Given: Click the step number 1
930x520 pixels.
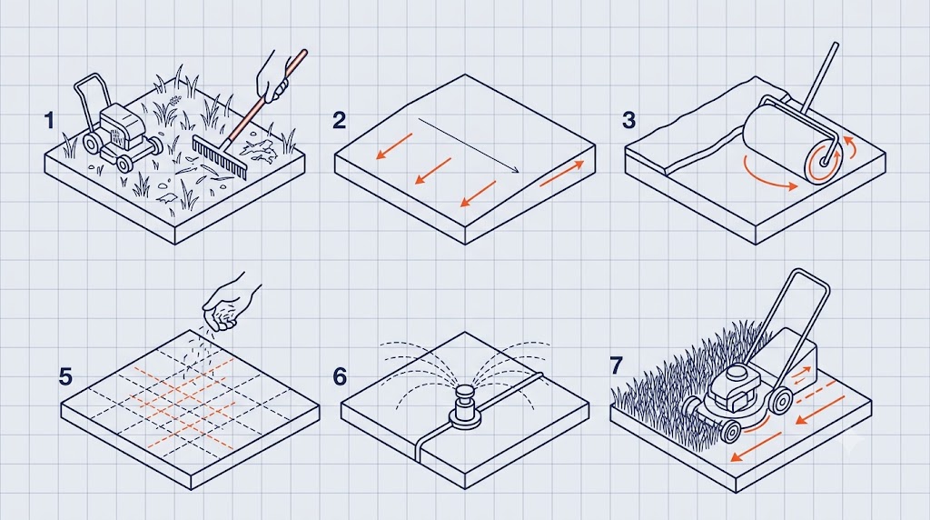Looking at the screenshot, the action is pyautogui.click(x=49, y=121).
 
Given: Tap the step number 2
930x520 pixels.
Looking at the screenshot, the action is pyautogui.click(x=340, y=121).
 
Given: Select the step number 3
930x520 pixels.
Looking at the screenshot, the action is pyautogui.click(x=629, y=121).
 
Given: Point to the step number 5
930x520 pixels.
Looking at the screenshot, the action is pyautogui.click(x=65, y=377).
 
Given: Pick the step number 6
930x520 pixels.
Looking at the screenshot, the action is pyautogui.click(x=340, y=377).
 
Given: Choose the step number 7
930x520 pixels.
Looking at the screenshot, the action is pyautogui.click(x=617, y=365).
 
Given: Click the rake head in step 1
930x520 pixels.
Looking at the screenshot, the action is pyautogui.click(x=218, y=156).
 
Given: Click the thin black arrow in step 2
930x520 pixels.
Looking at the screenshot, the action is pyautogui.click(x=469, y=145).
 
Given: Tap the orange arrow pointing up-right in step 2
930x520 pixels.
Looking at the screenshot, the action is pyautogui.click(x=561, y=174).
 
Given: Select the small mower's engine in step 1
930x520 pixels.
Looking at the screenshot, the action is pyautogui.click(x=122, y=127).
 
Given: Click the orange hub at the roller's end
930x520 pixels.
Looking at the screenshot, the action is pyautogui.click(x=825, y=161).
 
